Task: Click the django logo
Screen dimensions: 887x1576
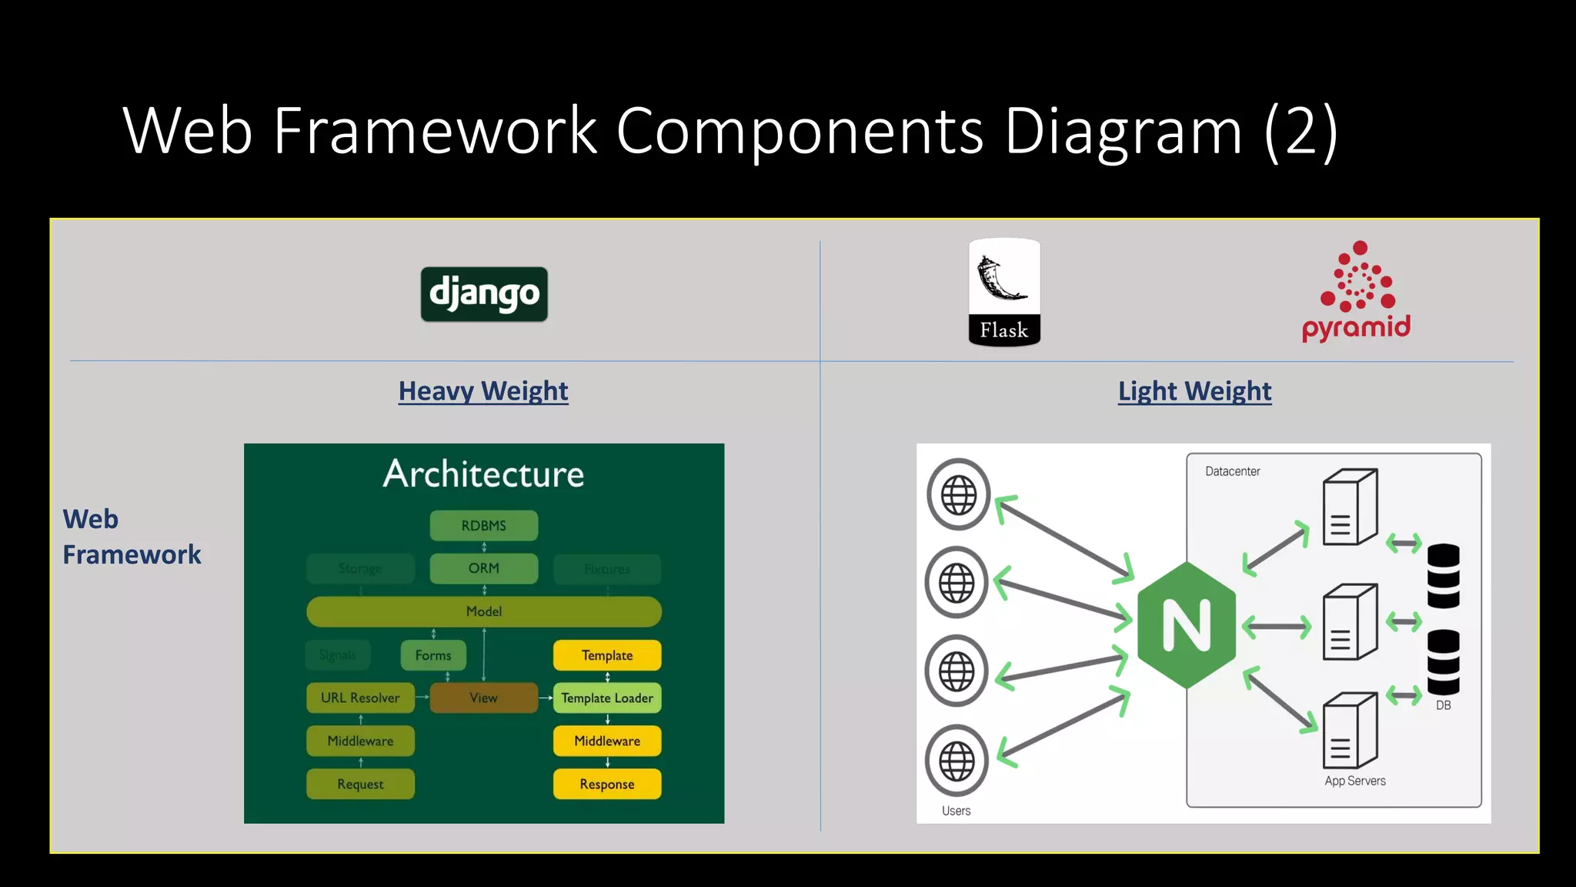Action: [484, 294]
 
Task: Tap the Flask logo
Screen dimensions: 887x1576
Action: [1004, 293]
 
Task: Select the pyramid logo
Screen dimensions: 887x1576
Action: [1357, 293]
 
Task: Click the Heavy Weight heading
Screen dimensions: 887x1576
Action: [483, 391]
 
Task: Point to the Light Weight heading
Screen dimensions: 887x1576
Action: [1194, 391]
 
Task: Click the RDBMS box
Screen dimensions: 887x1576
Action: [484, 526]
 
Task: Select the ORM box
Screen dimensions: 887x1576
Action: [484, 568]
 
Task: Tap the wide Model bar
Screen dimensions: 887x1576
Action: [484, 611]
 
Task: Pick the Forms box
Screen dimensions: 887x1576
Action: [433, 655]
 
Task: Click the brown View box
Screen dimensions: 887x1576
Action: [484, 698]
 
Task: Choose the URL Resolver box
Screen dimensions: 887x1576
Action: [360, 698]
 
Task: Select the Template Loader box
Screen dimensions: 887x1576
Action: [607, 698]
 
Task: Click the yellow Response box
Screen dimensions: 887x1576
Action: [607, 784]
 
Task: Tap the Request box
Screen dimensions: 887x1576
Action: [360, 784]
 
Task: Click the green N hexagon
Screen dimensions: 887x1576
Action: [1187, 624]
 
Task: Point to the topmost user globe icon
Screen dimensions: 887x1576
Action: [958, 494]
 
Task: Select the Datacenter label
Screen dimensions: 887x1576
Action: [1232, 471]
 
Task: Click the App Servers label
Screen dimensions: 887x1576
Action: [1354, 781]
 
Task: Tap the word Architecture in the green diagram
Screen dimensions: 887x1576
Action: [484, 474]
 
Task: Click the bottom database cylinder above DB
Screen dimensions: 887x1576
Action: [1443, 662]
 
